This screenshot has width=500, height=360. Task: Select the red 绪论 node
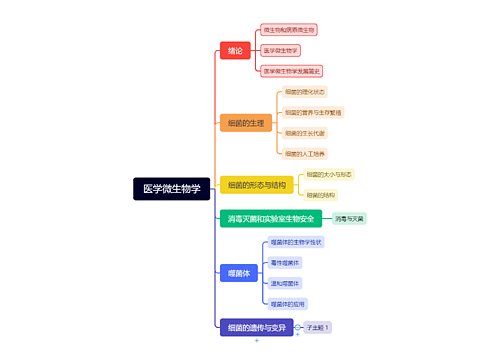click(235, 50)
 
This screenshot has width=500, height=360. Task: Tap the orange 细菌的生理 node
click(246, 123)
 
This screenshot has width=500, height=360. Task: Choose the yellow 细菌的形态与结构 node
click(257, 185)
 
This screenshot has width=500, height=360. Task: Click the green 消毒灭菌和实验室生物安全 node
click(271, 218)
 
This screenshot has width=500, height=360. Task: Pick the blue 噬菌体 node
click(237, 272)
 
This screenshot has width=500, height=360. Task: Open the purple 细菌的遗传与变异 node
click(257, 327)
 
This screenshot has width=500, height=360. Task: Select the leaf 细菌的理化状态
click(305, 91)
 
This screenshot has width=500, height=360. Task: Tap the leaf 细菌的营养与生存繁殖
click(312, 112)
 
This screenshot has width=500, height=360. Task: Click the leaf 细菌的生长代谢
click(305, 133)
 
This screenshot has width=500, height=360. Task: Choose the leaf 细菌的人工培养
click(305, 154)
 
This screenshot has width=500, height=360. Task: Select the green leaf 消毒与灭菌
click(349, 218)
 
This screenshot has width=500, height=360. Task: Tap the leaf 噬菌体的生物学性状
click(296, 242)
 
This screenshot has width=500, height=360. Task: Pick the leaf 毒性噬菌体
click(285, 263)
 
